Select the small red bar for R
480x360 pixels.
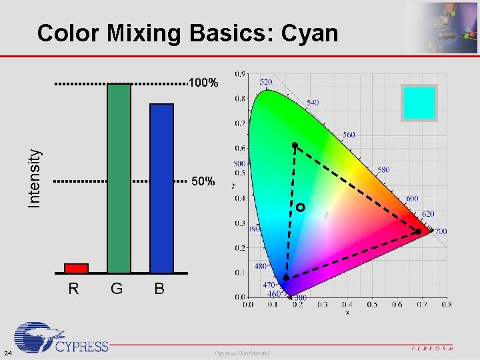point(76,268)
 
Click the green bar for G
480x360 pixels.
point(119,178)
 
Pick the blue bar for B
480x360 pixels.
point(161,188)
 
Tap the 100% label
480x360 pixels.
point(203,84)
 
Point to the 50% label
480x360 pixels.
point(203,181)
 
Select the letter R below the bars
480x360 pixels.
point(74,289)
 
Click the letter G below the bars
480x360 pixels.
point(117,289)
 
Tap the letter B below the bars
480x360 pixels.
point(159,289)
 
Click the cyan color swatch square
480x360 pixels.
point(419,103)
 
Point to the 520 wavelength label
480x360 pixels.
point(265,82)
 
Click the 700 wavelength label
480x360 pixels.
point(440,231)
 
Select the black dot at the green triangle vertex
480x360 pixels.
point(294,145)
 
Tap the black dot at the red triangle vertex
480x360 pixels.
point(418,232)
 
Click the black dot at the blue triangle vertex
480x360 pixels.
point(286,277)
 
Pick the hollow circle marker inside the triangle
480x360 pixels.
point(301,208)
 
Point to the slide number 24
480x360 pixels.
point(6,353)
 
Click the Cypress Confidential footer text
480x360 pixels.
point(242,353)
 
